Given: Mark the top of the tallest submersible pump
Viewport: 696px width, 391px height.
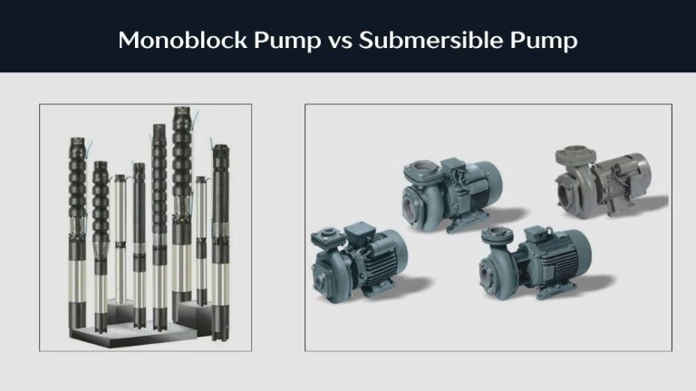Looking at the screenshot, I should (x=180, y=113).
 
